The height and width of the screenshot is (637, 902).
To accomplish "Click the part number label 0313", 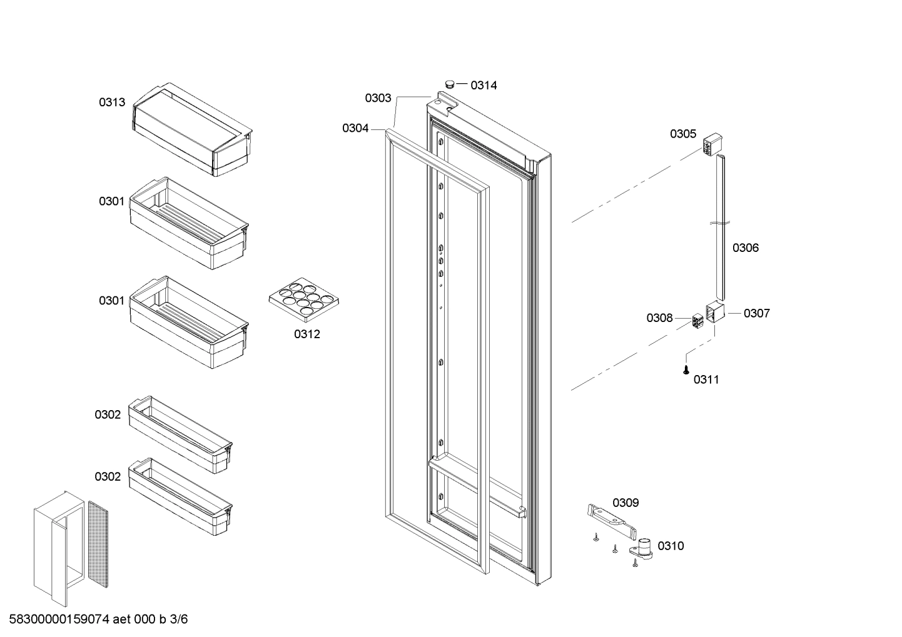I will tap(112, 103).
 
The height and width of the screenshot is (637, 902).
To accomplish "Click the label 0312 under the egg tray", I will tap(307, 334).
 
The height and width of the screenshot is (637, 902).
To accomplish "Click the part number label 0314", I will tap(484, 86).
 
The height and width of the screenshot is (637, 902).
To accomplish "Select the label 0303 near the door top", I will tap(378, 98).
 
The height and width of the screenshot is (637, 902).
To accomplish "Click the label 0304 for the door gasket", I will tap(355, 128).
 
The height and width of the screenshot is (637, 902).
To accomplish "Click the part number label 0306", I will tap(746, 248).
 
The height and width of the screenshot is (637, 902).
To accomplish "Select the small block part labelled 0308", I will tap(697, 322).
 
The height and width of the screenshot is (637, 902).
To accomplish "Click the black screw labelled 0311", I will tap(686, 370).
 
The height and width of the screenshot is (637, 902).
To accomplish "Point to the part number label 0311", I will tap(706, 380).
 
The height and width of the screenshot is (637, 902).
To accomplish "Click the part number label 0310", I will tap(671, 546).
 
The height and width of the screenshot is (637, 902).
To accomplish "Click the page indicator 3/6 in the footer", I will tap(178, 619).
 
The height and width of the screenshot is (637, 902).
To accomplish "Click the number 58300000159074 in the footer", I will tap(59, 619).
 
